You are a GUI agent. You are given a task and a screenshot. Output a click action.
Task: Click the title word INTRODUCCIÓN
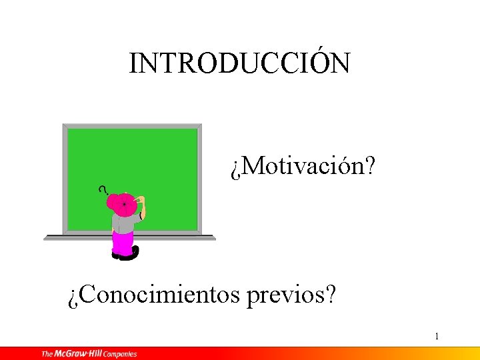click(239, 63)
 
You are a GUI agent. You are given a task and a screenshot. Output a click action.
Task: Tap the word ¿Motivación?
click(303, 168)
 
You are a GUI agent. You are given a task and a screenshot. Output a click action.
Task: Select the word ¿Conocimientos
click(154, 294)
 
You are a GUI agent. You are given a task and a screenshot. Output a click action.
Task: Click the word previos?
click(291, 294)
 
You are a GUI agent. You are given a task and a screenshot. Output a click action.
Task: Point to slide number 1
click(436, 336)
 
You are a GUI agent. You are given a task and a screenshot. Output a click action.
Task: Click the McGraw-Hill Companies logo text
click(89, 353)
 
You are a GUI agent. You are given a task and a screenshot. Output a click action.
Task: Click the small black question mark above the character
click(103, 189)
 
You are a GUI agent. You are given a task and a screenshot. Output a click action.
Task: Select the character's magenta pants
click(122, 243)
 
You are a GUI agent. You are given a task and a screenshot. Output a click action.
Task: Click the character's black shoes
click(126, 254)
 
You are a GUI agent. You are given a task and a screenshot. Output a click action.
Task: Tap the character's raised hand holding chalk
click(141, 200)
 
